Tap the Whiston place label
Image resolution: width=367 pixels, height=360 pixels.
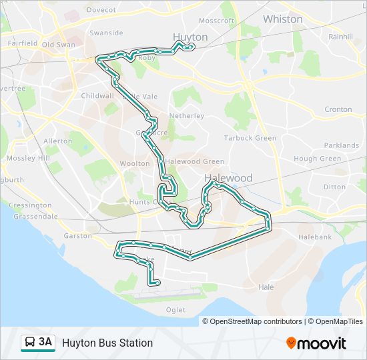point(282,19)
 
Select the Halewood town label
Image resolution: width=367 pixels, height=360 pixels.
point(228,178)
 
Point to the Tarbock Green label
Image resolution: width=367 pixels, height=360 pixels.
point(250,138)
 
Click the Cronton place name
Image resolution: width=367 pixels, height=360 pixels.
point(338,109)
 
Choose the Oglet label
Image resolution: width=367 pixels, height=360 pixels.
point(175,310)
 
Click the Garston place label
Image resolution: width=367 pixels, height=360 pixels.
point(78,236)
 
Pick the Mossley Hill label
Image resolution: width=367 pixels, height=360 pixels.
point(28,158)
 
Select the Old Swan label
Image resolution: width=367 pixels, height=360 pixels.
point(59,45)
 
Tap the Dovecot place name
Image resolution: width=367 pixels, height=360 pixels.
point(101,10)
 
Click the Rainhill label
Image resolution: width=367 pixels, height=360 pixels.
point(340,37)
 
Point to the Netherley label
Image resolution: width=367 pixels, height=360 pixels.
point(187,115)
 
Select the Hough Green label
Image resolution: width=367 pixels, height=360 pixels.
point(317,159)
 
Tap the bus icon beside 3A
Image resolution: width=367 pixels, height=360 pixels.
point(30,343)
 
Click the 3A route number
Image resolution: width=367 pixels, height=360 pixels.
point(45,343)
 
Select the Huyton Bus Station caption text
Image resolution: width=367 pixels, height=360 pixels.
point(107,343)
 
